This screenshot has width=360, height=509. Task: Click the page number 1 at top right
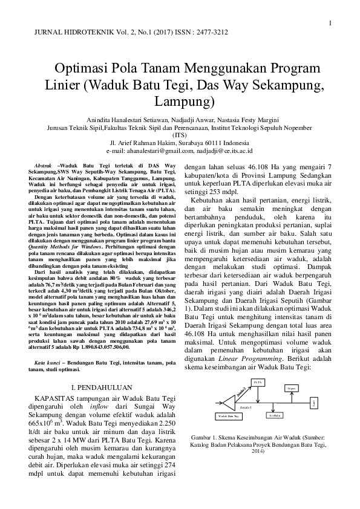331,24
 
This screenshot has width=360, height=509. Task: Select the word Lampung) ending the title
185,99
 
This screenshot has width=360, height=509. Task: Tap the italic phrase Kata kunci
48,361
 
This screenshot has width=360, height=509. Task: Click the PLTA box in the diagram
258,383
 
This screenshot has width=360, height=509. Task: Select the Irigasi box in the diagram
292,387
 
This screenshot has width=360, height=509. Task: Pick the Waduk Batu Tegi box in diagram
228,416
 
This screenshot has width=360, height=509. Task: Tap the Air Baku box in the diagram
275,415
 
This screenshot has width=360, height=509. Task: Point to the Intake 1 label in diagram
245,408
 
